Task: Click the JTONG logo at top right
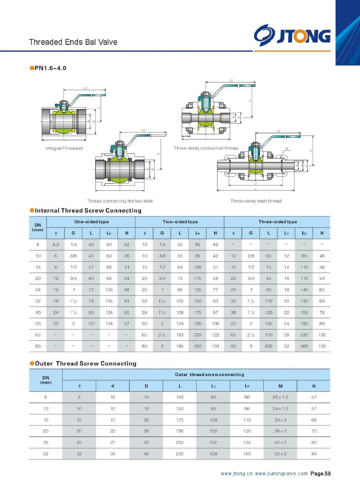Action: (292, 35)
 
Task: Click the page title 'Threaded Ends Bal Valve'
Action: (73, 42)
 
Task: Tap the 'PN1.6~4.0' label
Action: (50, 68)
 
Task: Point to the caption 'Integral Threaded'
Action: (64, 148)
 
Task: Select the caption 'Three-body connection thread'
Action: (206, 148)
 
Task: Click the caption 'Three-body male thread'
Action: (256, 201)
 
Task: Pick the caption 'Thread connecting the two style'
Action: (120, 201)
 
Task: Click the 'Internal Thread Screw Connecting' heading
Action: (88, 210)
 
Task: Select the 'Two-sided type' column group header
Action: (180, 222)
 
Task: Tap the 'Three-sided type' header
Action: (278, 222)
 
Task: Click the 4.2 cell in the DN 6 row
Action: (56, 244)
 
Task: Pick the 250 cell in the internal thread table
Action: (198, 346)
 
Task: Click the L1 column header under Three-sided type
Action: (286, 233)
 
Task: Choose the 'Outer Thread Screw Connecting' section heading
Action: (85, 363)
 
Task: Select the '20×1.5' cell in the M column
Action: (280, 397)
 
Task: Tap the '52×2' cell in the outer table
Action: (280, 454)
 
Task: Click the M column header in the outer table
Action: (280, 386)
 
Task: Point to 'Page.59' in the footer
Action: (320, 473)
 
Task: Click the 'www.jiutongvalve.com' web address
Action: (281, 473)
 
